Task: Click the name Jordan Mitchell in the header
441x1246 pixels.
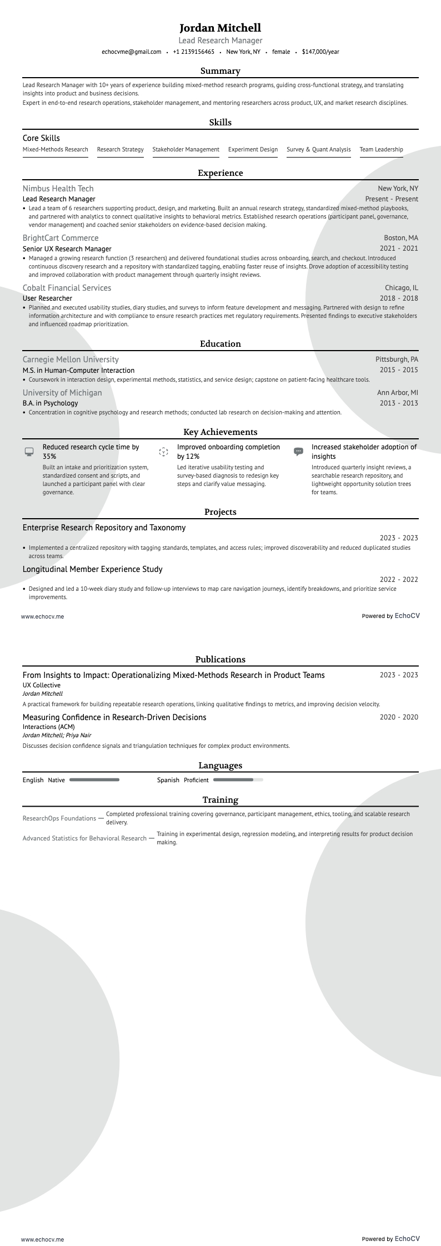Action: click(x=220, y=28)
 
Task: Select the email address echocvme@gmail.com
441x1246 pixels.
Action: click(x=132, y=52)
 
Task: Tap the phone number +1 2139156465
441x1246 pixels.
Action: click(x=193, y=52)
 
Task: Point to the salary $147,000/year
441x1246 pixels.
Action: click(x=320, y=52)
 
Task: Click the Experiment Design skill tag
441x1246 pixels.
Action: click(x=253, y=150)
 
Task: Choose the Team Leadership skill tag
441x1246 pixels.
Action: click(x=381, y=150)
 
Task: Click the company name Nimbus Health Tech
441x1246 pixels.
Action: click(x=58, y=189)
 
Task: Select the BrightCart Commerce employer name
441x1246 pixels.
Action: click(x=61, y=238)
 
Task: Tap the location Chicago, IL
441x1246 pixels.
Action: click(x=401, y=288)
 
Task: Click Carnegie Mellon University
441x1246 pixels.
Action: click(x=71, y=359)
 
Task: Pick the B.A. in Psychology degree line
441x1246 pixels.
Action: click(x=50, y=403)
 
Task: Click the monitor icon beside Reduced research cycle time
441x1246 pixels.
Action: click(x=29, y=452)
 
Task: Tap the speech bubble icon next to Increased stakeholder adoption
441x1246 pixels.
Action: click(x=298, y=452)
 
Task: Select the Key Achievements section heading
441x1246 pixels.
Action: click(x=220, y=432)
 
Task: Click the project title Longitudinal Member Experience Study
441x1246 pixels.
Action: click(x=93, y=569)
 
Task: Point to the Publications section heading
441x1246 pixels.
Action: click(x=220, y=660)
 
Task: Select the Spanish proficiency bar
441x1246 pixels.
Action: click(x=238, y=780)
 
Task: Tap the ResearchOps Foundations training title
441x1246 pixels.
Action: click(x=59, y=818)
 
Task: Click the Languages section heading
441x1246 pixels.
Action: click(x=220, y=766)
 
